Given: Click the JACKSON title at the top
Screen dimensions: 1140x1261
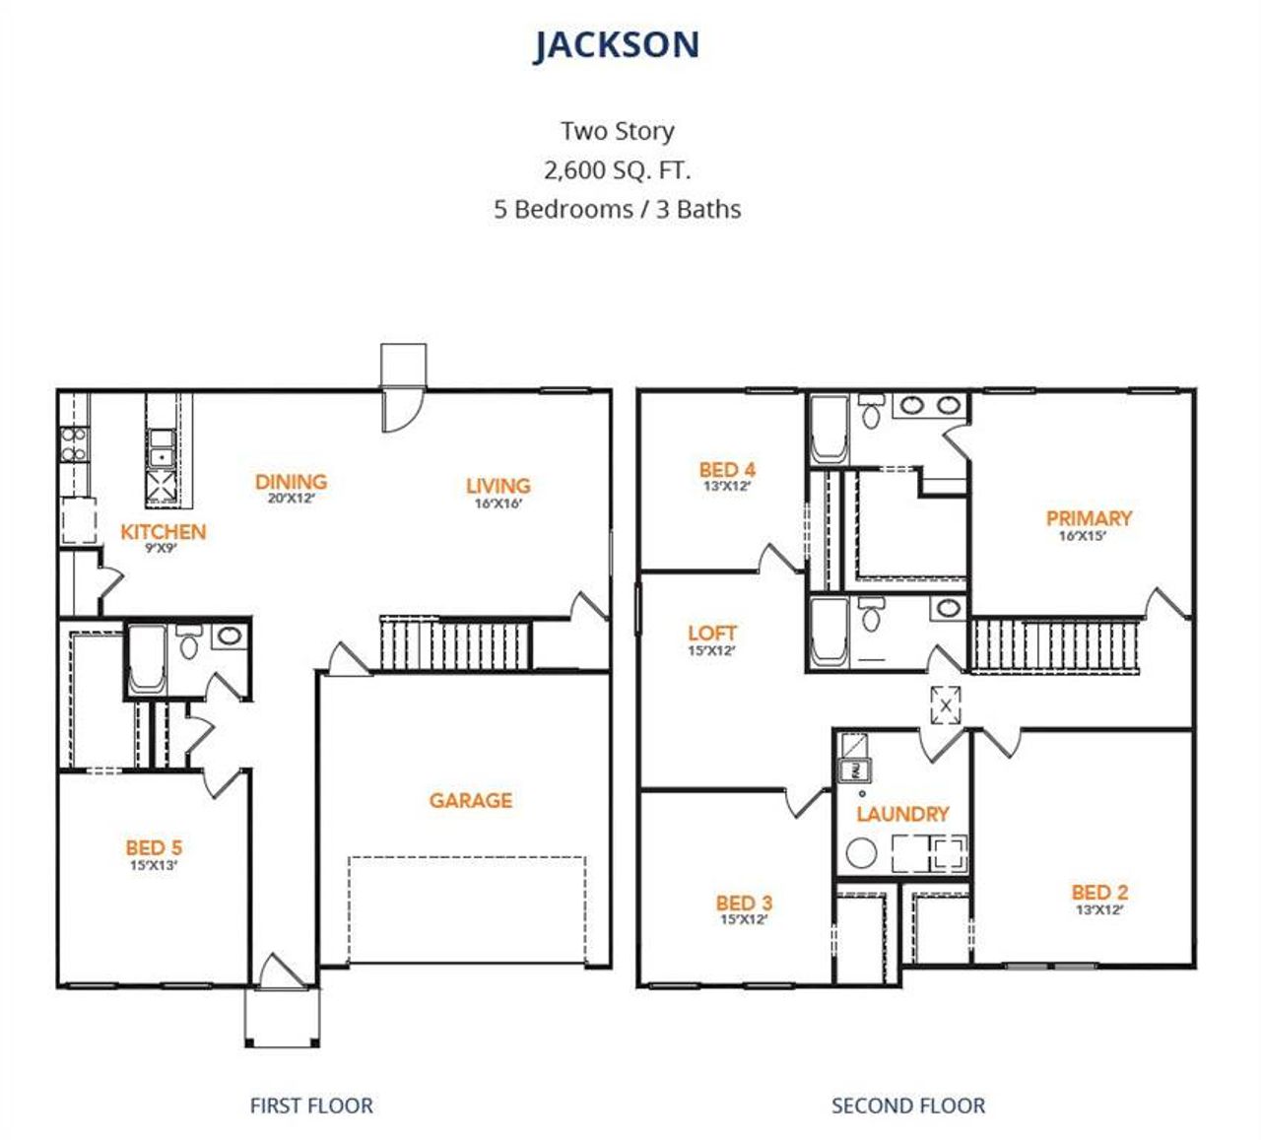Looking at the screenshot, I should click(617, 45).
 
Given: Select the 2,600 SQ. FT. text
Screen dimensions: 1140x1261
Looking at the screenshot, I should click(617, 170).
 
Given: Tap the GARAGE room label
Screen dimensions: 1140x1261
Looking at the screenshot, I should click(470, 800).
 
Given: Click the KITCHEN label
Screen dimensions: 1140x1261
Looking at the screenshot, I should click(163, 532).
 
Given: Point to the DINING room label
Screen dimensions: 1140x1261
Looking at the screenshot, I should click(291, 482).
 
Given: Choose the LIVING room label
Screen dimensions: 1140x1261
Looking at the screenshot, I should click(498, 486).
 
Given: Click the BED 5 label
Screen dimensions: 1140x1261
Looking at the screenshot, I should click(154, 847).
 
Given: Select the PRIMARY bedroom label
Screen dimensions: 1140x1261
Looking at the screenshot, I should click(1089, 518).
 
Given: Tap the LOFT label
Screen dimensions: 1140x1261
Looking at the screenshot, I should click(711, 634).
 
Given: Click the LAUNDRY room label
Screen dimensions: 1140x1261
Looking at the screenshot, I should click(902, 814).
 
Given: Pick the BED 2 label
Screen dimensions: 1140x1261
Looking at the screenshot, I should click(1099, 893).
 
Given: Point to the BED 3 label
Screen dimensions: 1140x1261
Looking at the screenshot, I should click(744, 903).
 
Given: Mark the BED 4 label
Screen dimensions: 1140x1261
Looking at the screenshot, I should click(727, 470).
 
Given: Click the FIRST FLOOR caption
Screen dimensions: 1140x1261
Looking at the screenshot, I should click(311, 1106).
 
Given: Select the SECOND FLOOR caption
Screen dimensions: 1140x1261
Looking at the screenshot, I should click(907, 1106).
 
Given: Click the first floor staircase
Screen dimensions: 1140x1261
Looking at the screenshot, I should click(455, 644).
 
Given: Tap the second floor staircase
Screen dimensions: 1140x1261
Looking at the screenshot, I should click(1055, 645).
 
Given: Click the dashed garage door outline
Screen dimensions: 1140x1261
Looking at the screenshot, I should click(467, 909).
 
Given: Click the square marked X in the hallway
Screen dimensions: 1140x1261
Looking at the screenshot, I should click(946, 705).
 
